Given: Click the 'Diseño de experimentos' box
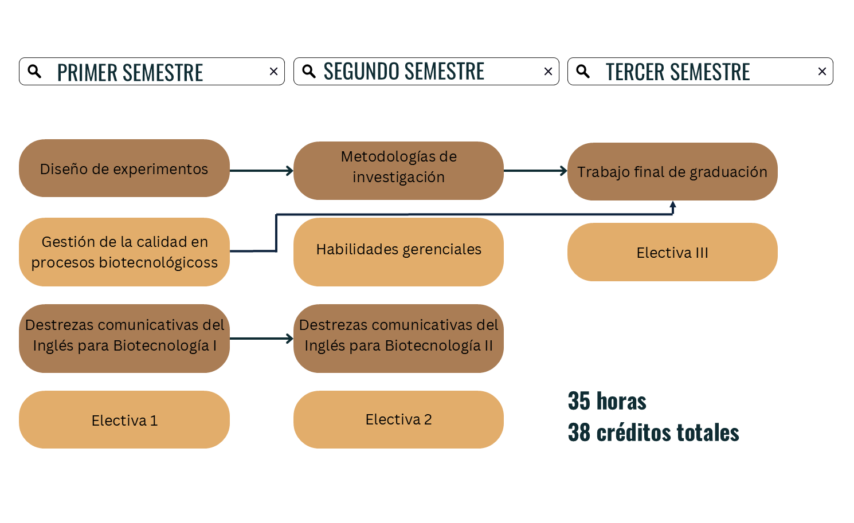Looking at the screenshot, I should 124,168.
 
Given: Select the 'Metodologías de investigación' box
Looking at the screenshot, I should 398,170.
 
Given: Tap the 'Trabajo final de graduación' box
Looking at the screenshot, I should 672,171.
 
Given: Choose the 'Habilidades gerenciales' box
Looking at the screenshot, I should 398,251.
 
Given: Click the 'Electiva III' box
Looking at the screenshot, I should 672,252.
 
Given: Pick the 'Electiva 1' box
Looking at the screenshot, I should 124,419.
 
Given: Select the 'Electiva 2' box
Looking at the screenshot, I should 398,419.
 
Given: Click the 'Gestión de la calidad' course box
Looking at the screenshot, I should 124,251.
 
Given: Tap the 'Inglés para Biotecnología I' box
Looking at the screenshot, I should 124,338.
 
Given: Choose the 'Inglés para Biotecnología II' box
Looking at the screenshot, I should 398,338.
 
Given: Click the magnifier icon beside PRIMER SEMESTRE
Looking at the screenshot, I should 34,72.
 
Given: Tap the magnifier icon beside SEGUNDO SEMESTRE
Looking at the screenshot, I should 309,72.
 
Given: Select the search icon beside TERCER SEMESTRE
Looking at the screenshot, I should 583,72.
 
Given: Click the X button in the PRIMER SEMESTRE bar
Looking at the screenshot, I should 273,72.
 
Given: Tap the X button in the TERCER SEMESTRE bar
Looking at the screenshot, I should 822,72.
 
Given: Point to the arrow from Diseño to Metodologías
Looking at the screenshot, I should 261,171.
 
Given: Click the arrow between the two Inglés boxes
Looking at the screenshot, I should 261,339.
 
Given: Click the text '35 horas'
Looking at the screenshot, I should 607,401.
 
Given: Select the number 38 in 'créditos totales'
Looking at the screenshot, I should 579,432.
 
